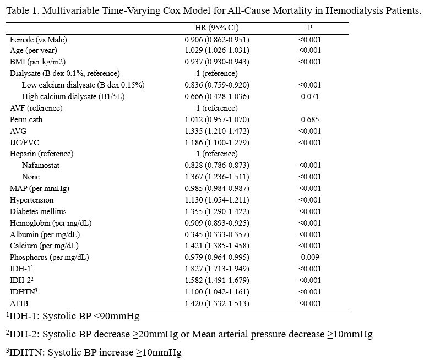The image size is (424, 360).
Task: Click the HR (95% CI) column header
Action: (x=217, y=28)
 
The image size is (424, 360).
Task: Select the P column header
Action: (x=310, y=28)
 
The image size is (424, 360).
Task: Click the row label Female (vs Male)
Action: (x=39, y=40)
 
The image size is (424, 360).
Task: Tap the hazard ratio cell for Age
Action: (x=217, y=51)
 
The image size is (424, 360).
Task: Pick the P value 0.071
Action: (x=310, y=96)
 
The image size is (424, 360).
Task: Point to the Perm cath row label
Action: (x=26, y=120)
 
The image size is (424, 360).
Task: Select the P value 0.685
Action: (x=310, y=120)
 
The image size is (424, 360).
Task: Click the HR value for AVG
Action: (x=217, y=132)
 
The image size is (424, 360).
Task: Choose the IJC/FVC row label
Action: (x=25, y=143)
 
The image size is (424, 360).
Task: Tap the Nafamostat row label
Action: (x=41, y=165)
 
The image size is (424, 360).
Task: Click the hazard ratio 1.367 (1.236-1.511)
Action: (x=217, y=177)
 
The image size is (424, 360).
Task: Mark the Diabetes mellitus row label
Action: (x=38, y=211)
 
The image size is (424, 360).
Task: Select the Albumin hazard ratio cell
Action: (x=217, y=235)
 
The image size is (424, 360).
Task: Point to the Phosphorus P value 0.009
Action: (x=310, y=257)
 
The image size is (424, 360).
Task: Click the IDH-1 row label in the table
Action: (x=21, y=269)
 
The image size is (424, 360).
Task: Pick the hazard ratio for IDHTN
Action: (x=217, y=292)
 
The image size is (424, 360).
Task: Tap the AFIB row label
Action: (x=19, y=303)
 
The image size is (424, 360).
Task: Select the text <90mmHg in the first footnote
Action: (x=117, y=316)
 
